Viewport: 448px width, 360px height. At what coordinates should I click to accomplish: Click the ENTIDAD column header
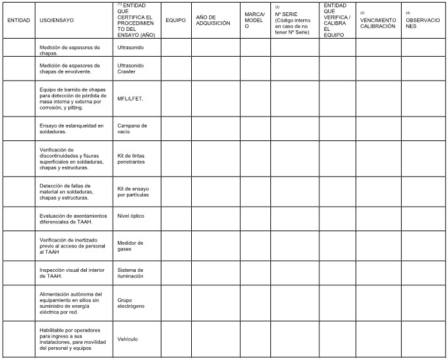tap(18, 20)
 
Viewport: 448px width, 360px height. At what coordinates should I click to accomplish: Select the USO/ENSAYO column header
tap(57, 20)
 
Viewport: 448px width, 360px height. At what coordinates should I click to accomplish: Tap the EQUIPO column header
tap(175, 20)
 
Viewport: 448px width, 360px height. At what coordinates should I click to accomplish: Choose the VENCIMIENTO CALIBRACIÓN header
tap(378, 23)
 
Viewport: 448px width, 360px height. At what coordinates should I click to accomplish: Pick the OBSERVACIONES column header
tap(422, 23)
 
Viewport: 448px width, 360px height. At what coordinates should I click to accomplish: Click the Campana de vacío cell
tap(132, 129)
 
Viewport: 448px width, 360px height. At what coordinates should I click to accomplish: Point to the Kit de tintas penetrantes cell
tap(131, 158)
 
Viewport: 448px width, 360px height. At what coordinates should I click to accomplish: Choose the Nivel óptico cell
tap(131, 216)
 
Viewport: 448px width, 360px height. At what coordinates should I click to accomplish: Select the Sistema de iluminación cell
tap(131, 272)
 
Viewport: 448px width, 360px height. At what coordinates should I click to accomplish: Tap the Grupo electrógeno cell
tap(131, 303)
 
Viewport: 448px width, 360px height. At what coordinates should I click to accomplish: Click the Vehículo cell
tap(127, 339)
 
